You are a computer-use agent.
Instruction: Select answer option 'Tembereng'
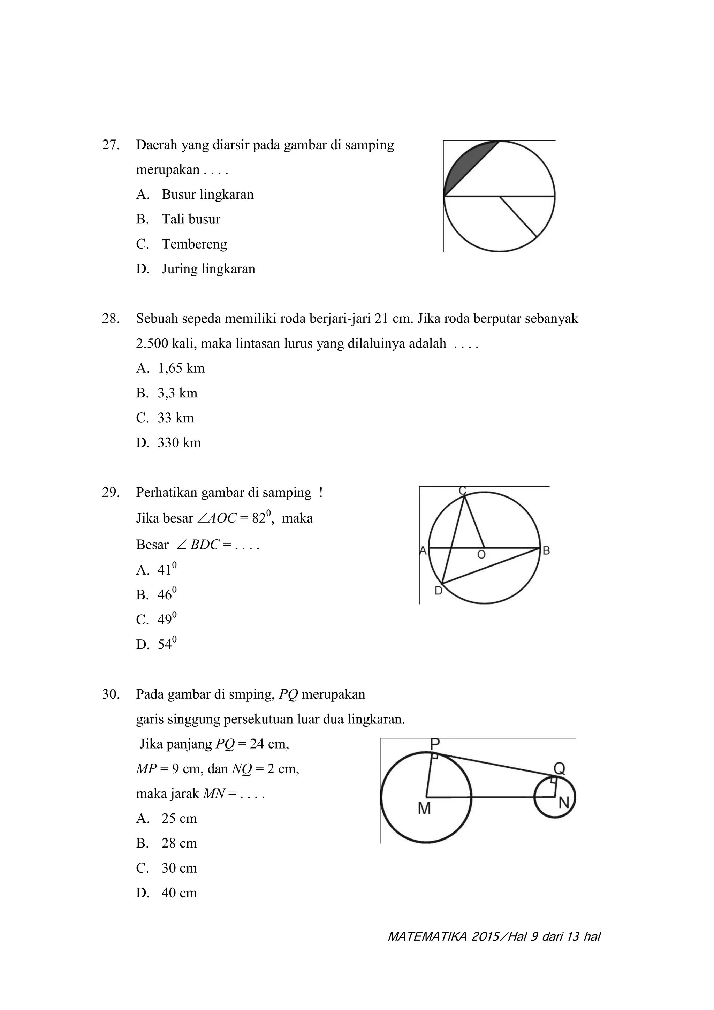point(194,244)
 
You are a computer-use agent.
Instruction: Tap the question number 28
point(111,319)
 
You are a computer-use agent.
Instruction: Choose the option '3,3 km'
point(177,393)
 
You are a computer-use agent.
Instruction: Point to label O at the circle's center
point(481,555)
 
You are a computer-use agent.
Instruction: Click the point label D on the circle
point(438,591)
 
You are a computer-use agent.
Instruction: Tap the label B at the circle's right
point(546,550)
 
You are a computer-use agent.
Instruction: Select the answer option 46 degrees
point(167,594)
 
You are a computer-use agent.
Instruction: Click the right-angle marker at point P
point(435,756)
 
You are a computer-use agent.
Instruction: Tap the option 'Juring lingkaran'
point(208,269)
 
